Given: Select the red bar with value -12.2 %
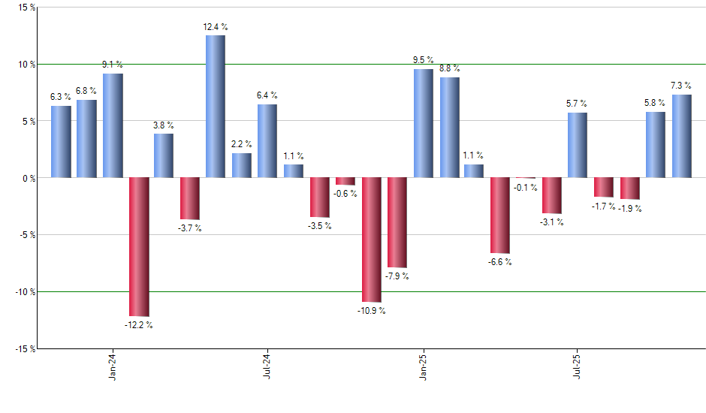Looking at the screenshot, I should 138,246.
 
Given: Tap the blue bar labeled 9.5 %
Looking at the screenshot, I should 423,123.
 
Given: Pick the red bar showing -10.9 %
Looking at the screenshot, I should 371,240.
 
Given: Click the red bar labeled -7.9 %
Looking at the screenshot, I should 397,222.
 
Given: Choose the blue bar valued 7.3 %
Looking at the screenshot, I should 682,136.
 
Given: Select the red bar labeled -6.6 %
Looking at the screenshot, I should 500,215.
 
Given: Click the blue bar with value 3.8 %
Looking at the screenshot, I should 164,155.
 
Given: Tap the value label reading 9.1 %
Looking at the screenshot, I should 113,65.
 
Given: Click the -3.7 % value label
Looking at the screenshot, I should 190,228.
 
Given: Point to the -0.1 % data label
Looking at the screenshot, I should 525,188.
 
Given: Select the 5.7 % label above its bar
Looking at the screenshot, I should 577,104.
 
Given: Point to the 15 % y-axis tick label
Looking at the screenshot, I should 25,8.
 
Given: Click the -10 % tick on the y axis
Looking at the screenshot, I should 23,291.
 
